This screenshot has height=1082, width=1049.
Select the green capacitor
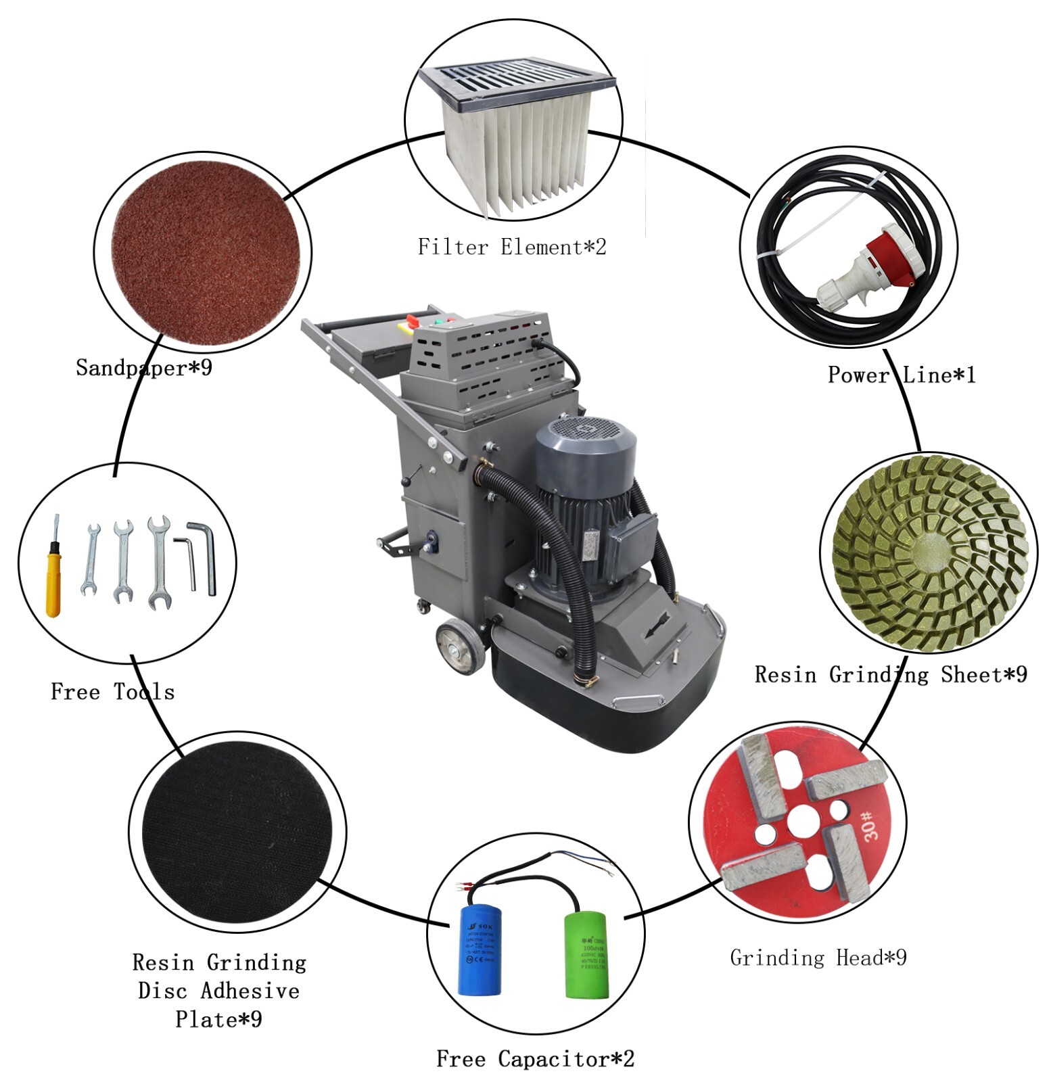click(586, 956)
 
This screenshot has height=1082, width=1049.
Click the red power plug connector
click(874, 255)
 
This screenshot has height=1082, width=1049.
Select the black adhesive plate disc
click(238, 834)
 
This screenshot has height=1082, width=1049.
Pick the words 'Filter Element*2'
click(512, 248)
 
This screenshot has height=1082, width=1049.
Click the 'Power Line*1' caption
click(902, 375)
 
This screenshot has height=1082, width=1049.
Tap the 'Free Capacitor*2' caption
click(535, 1058)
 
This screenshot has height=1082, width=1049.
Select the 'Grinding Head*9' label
click(818, 958)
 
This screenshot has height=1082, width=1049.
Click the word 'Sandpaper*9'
click(144, 368)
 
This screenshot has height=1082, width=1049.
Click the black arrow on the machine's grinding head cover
click(657, 624)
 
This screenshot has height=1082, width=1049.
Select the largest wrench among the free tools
click(159, 561)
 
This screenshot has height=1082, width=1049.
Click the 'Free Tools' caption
click(113, 692)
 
